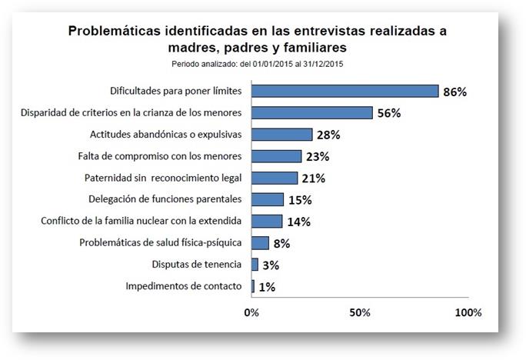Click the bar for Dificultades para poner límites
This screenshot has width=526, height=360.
(x=345, y=91)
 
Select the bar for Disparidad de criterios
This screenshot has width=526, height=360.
(x=311, y=112)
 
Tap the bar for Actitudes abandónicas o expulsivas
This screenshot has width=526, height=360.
(x=281, y=135)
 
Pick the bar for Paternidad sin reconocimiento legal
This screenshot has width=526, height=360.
(x=274, y=178)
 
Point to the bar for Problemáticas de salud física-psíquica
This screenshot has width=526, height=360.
(x=260, y=243)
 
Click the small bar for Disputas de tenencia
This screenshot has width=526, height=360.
(x=255, y=265)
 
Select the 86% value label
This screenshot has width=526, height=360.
(x=454, y=92)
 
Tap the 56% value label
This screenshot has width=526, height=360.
(x=389, y=113)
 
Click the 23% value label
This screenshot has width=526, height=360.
(x=317, y=157)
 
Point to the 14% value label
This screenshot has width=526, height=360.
(x=298, y=222)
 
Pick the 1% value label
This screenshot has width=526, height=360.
(x=266, y=287)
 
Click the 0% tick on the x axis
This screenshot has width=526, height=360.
(x=251, y=313)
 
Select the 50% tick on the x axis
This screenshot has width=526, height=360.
(x=360, y=313)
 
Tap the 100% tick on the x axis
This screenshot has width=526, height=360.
(x=468, y=313)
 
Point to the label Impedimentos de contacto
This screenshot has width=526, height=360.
(x=184, y=286)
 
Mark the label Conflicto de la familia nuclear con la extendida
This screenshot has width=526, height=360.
(x=141, y=221)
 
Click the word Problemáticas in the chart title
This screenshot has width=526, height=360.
(x=115, y=32)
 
